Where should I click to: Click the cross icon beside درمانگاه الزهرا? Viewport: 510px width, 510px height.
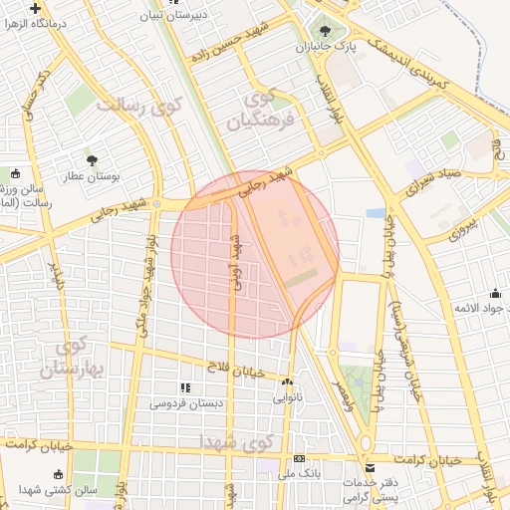click(35, 8)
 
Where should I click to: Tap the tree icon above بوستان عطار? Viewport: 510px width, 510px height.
click(92, 159)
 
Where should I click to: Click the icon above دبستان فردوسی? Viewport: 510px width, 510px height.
click(184, 387)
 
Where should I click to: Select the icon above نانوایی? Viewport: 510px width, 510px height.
click(288, 382)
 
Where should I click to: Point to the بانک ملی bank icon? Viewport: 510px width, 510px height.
click(299, 458)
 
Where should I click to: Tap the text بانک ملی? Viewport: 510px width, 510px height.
click(296, 474)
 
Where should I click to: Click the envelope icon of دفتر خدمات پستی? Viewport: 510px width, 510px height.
click(371, 467)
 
